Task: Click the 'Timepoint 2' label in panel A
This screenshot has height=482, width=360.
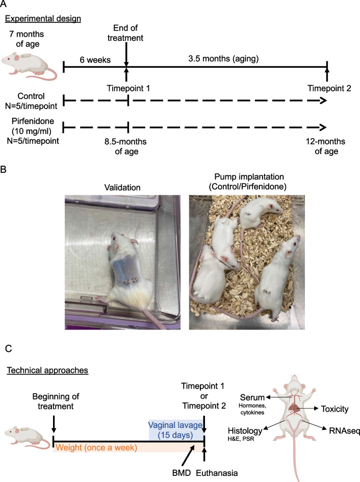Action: pyautogui.click(x=326, y=87)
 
